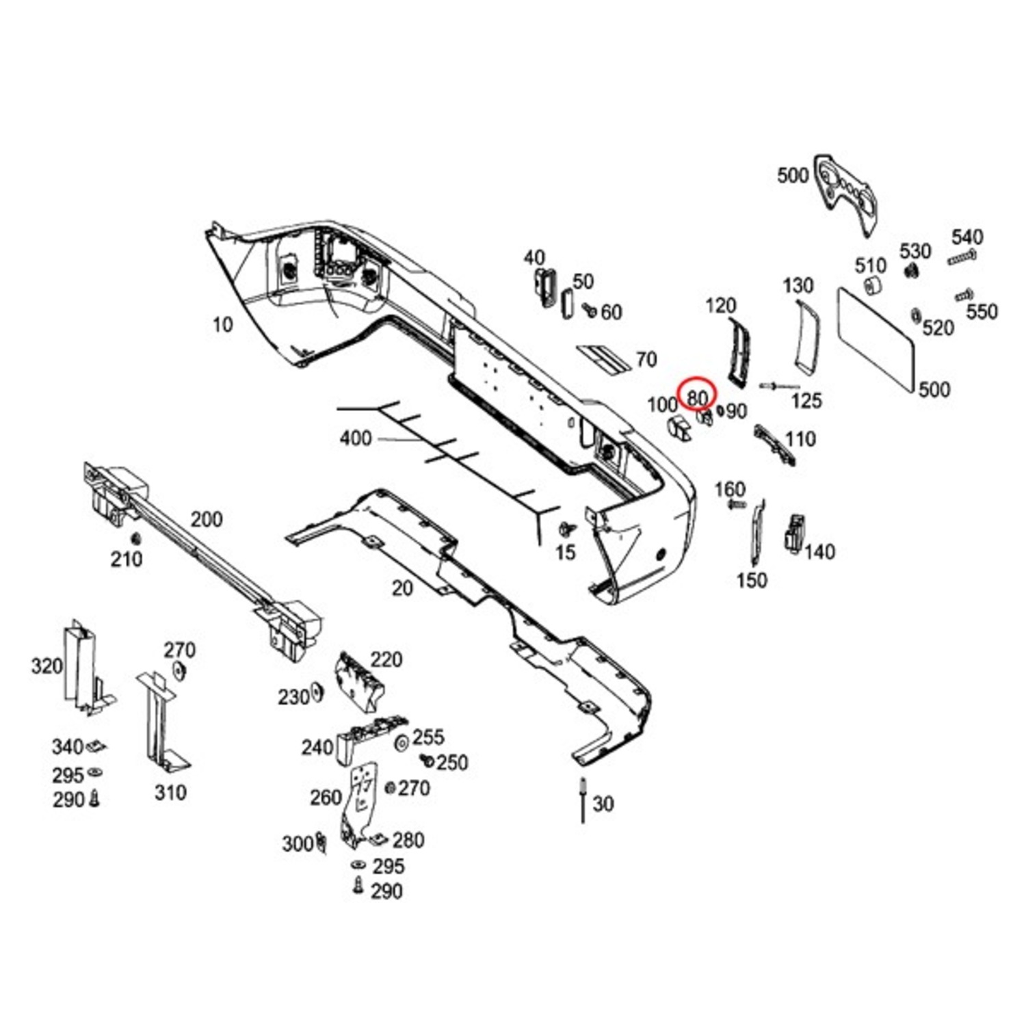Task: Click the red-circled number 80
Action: click(x=696, y=397)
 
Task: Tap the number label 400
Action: click(x=355, y=438)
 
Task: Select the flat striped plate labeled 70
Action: click(x=604, y=358)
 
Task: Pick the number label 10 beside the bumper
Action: click(x=222, y=324)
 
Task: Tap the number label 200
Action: click(x=206, y=520)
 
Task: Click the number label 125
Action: click(x=806, y=401)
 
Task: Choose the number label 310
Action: click(x=170, y=793)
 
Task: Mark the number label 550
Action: click(x=982, y=312)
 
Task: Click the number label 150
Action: click(x=751, y=580)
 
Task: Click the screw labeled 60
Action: click(x=588, y=311)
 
